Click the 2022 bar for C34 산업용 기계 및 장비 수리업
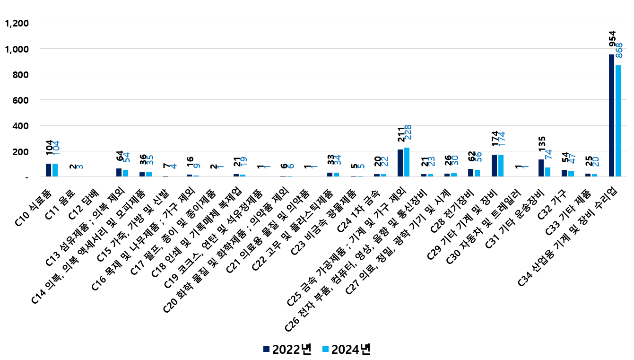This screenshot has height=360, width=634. point(611,115)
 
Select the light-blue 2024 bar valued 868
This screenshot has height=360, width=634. point(618,121)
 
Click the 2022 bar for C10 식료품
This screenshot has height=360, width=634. point(48,170)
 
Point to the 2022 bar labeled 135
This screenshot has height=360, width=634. point(541,168)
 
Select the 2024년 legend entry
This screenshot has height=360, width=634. point(346,349)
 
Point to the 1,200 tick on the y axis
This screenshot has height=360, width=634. point(17,23)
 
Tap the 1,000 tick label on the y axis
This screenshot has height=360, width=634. point(17,49)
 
